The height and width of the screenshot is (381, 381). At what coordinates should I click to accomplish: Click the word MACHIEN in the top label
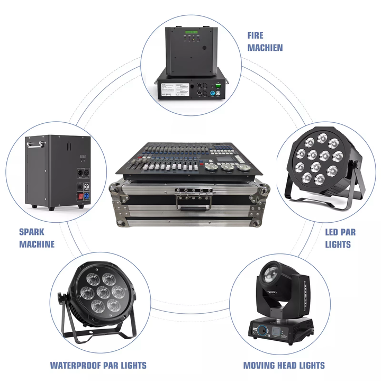265,48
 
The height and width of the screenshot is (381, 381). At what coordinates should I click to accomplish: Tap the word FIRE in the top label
256,35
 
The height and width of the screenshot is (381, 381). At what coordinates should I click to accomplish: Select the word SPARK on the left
32,232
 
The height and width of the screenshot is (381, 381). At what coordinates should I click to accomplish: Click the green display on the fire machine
192,37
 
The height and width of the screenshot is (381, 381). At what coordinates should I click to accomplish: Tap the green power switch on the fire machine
217,84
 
